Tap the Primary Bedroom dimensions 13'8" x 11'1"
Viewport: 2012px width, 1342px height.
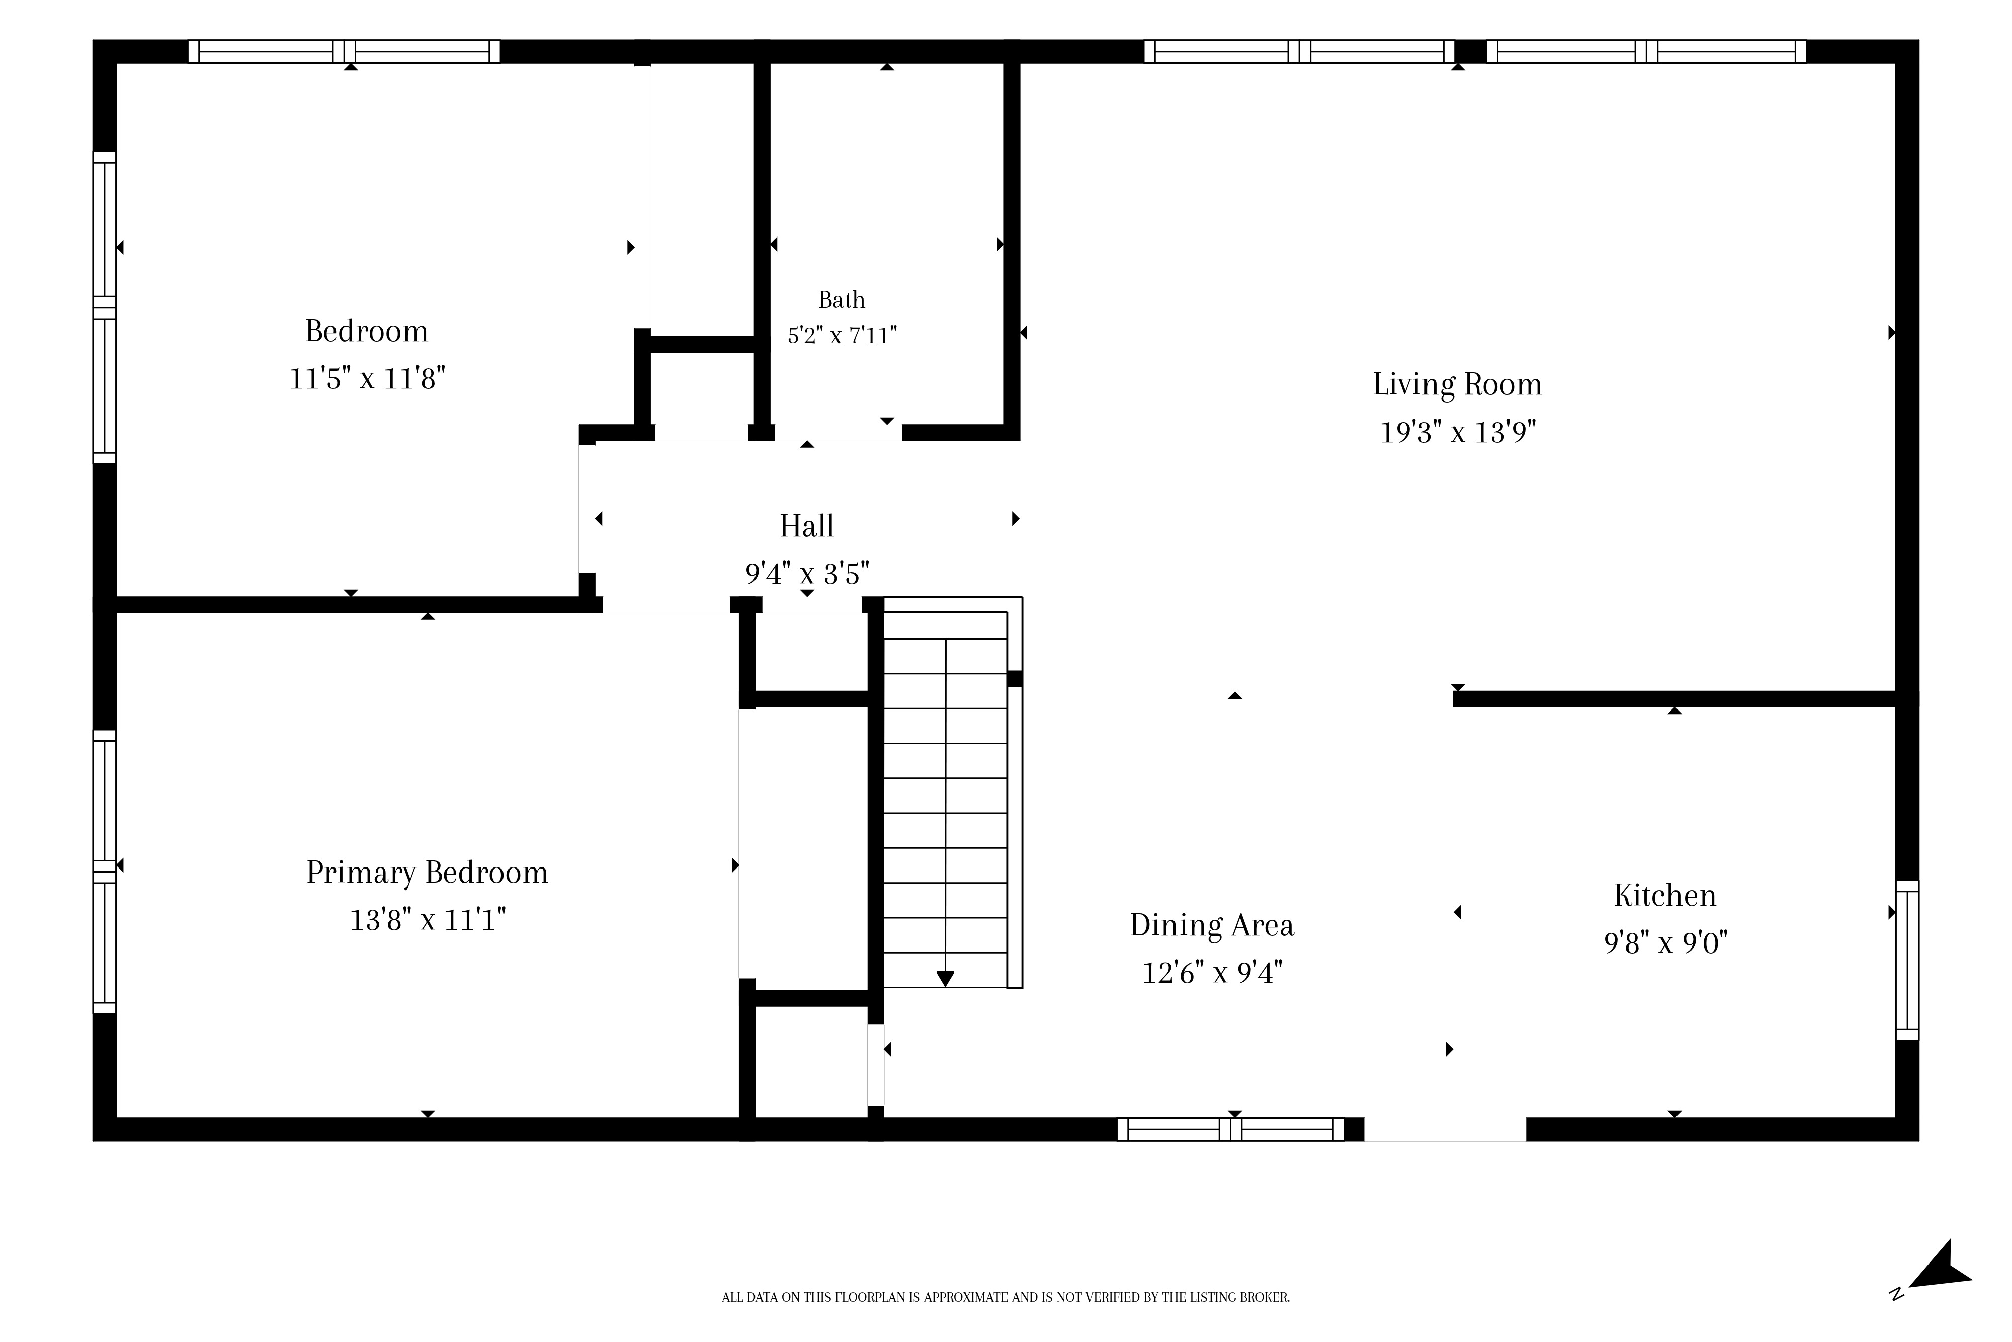point(428,920)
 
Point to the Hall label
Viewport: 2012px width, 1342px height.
point(807,525)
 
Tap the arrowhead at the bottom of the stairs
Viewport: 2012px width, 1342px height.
point(945,978)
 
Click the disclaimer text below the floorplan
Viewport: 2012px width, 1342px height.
point(1006,1298)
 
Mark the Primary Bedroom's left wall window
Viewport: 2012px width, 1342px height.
point(104,872)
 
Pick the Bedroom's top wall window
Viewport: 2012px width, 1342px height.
point(344,51)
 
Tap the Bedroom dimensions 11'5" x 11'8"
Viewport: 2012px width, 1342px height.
point(367,378)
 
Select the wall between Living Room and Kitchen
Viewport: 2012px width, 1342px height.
point(1675,699)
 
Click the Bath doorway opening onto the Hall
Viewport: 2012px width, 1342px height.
point(839,433)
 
